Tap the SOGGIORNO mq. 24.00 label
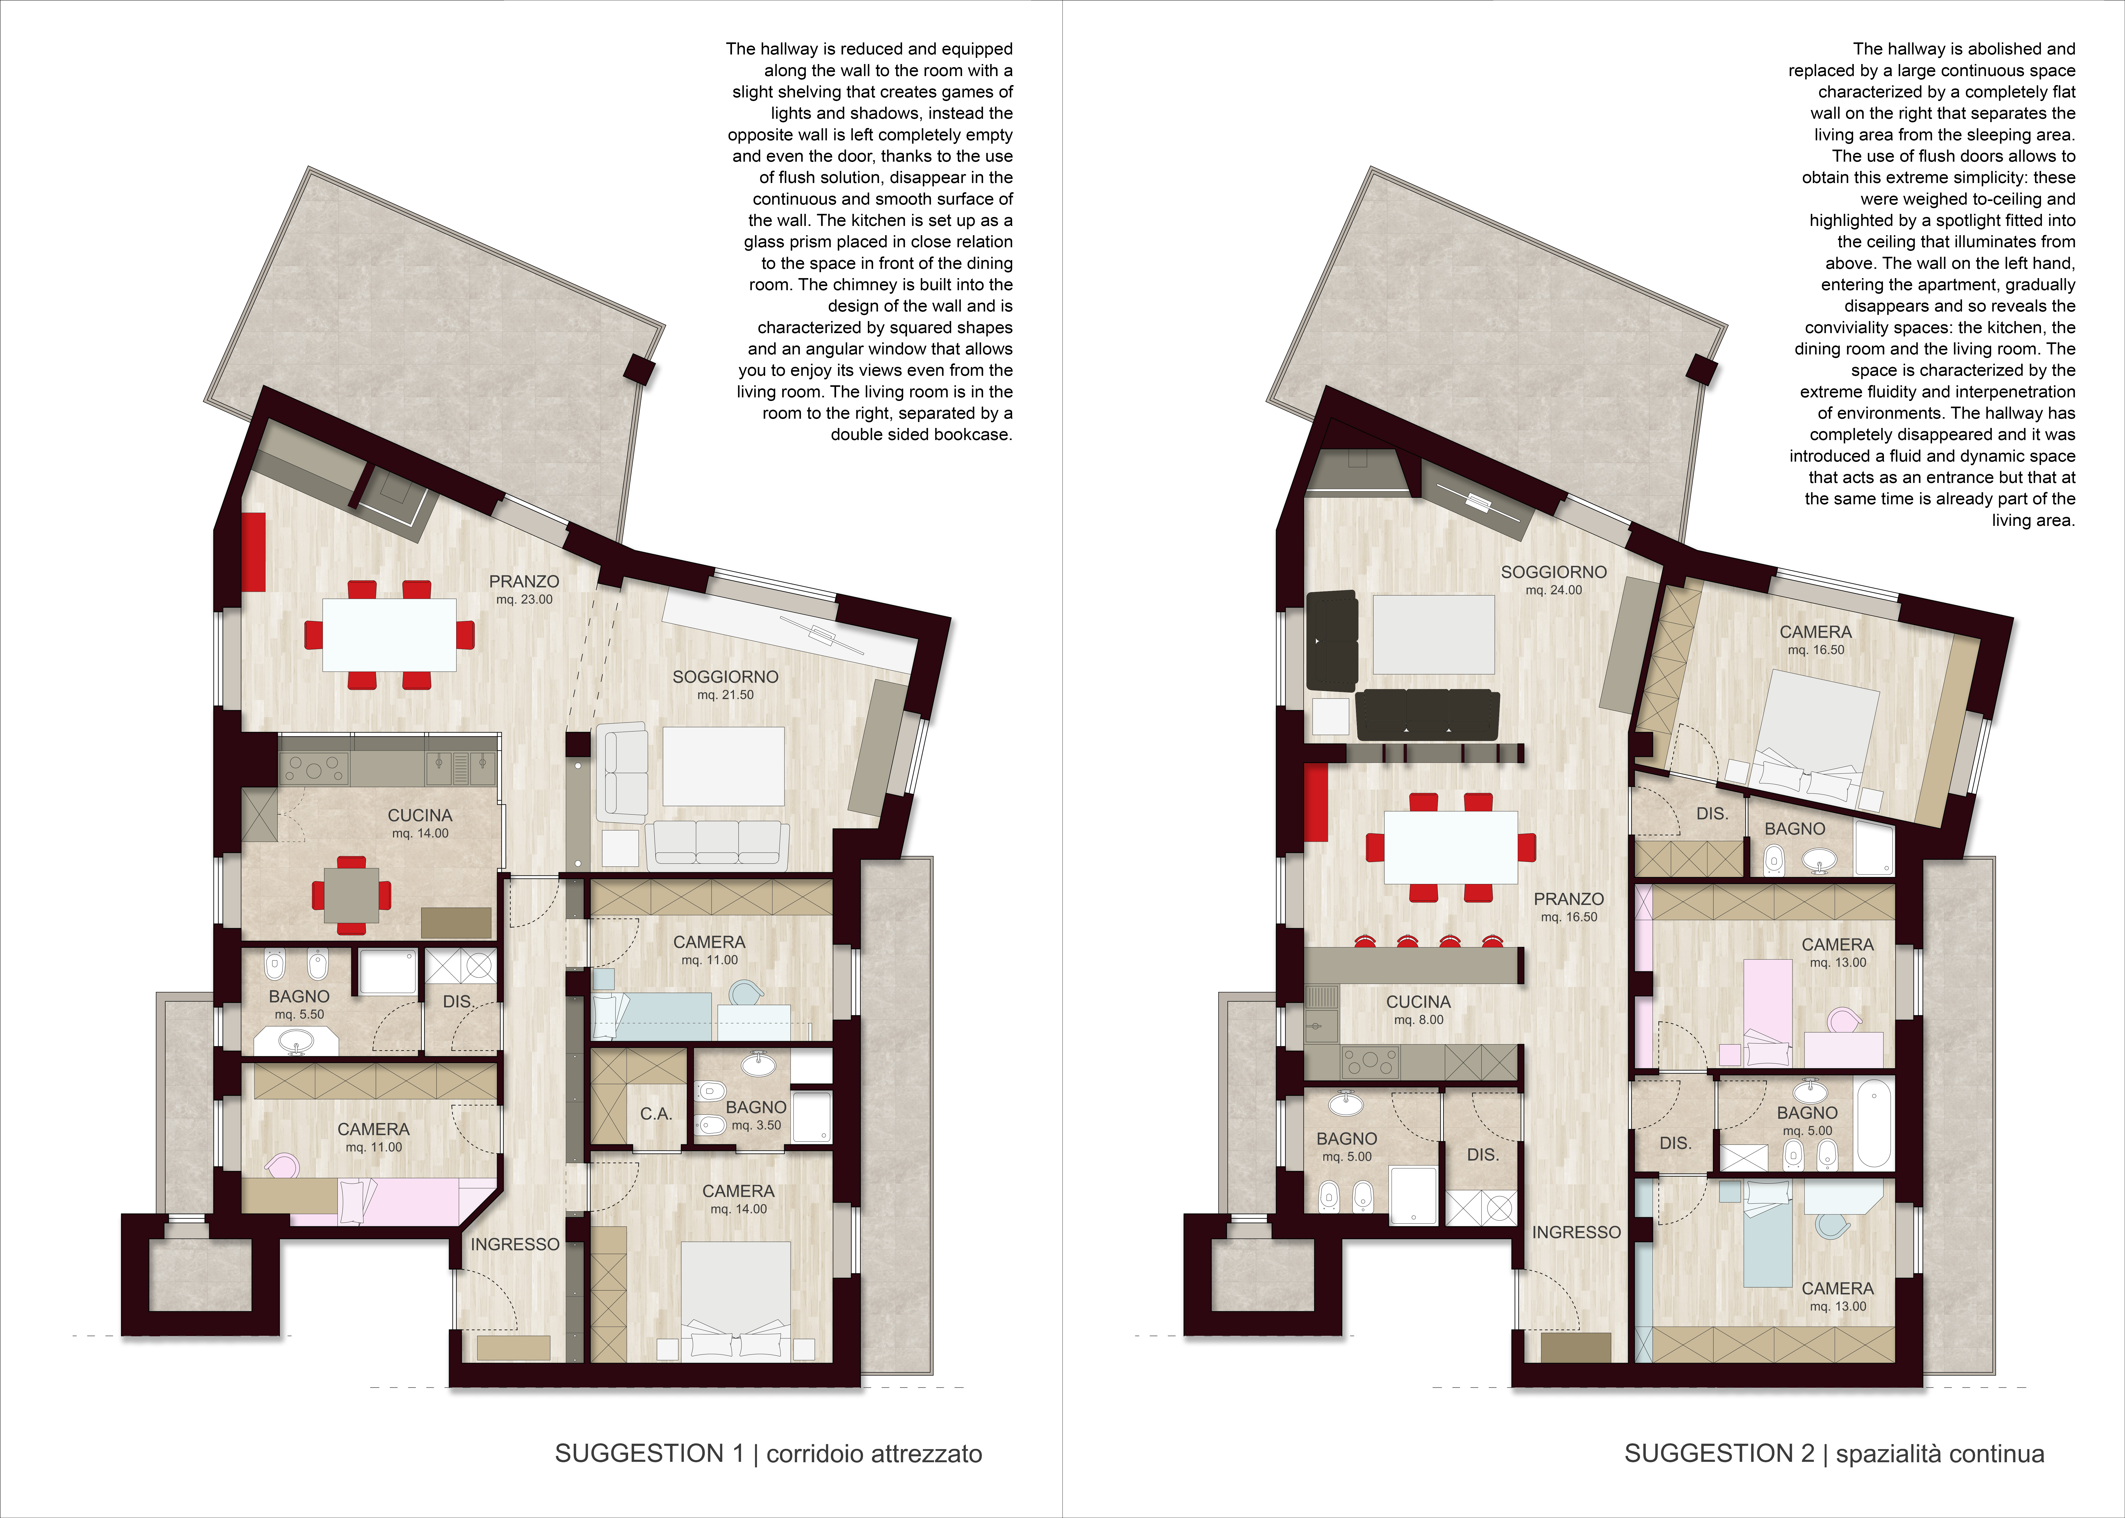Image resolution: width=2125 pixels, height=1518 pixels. [1554, 580]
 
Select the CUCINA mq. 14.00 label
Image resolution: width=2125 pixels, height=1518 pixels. [420, 824]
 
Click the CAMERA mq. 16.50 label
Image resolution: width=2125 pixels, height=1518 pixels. [1816, 640]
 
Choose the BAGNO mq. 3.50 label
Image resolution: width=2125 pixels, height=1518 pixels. [756, 1115]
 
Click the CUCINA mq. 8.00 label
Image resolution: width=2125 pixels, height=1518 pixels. [1418, 1010]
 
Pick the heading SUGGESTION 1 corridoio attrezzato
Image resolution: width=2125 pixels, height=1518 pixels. [768, 1453]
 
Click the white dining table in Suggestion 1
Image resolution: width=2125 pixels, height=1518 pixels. [390, 635]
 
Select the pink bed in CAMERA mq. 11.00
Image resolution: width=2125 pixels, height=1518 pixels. [392, 1201]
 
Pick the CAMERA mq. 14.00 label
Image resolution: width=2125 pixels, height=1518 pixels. [738, 1199]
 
